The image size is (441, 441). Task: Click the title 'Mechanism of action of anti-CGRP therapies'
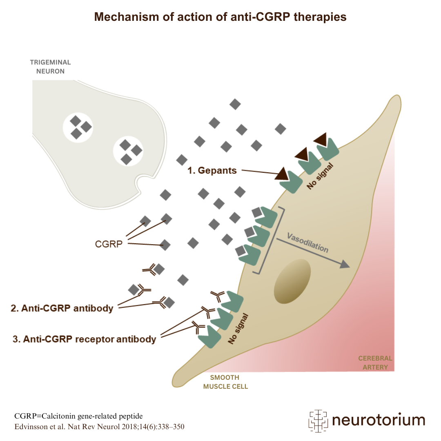point(220,17)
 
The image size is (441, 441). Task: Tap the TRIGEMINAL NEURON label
point(50,67)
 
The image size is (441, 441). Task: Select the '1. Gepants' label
point(212,170)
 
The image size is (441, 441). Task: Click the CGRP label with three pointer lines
point(109,244)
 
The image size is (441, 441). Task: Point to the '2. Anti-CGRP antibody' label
point(62,308)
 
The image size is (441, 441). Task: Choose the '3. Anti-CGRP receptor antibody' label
point(85,339)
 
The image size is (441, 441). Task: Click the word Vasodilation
point(308,243)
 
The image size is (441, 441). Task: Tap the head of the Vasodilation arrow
point(345,265)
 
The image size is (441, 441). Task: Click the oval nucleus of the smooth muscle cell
point(292,281)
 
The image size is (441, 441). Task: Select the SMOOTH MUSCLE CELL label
point(225,382)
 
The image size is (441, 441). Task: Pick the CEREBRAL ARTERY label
point(375,363)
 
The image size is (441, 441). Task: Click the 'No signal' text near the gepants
point(320,176)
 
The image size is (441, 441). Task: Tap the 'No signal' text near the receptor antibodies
point(238,329)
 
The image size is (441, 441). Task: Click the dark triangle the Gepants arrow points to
point(283,175)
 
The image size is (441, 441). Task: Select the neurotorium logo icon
point(318,421)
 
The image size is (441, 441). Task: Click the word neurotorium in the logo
point(379,420)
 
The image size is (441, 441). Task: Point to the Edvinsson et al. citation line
point(99,427)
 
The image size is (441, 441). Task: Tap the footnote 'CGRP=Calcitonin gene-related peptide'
point(78,416)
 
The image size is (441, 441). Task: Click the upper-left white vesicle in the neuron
point(78,128)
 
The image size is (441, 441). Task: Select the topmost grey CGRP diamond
point(235,104)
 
